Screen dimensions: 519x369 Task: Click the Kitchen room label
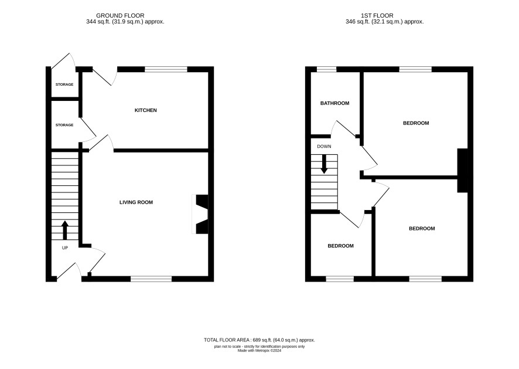(x=145, y=110)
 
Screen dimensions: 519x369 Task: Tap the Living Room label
(x=136, y=202)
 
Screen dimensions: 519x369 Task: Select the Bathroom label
(x=334, y=103)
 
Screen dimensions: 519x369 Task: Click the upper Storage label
(x=64, y=84)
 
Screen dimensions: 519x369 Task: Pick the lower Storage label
(x=64, y=125)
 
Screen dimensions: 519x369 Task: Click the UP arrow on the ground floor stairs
(x=65, y=230)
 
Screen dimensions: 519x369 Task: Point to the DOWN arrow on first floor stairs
(x=324, y=164)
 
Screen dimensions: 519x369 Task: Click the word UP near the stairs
(x=65, y=248)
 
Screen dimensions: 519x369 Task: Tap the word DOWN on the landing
(x=324, y=146)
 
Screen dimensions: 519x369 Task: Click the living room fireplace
(x=200, y=214)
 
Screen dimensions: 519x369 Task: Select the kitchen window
(x=166, y=69)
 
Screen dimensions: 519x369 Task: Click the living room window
(x=151, y=279)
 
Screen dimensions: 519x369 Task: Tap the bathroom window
(x=327, y=69)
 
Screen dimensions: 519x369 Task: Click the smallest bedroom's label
(x=340, y=246)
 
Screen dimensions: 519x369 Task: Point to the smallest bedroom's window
(x=340, y=279)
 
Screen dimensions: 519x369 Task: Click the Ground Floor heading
(x=120, y=16)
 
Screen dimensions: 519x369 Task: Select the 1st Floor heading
(x=377, y=16)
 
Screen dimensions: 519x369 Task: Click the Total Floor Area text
(x=259, y=340)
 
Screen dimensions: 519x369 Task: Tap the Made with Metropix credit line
(x=259, y=350)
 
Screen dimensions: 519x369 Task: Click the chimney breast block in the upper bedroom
(x=463, y=170)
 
